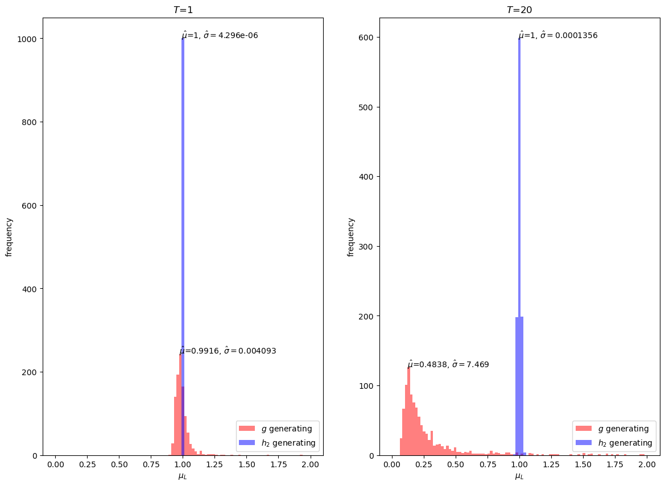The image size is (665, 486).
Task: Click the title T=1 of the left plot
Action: (183, 10)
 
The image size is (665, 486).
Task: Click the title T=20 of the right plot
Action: (519, 10)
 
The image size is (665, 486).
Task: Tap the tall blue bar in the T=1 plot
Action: (183, 227)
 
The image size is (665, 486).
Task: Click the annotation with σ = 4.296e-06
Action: (220, 35)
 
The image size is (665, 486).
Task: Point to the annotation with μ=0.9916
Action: (228, 351)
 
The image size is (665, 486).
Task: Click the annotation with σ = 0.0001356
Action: (558, 35)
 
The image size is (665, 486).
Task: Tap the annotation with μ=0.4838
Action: (448, 364)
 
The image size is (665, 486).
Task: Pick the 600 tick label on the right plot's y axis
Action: (367, 38)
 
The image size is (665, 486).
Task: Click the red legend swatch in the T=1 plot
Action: (247, 429)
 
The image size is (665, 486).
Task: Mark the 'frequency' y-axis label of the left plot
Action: (9, 236)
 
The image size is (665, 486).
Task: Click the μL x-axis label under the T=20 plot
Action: (519, 476)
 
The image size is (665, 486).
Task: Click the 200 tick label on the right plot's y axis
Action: (367, 316)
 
